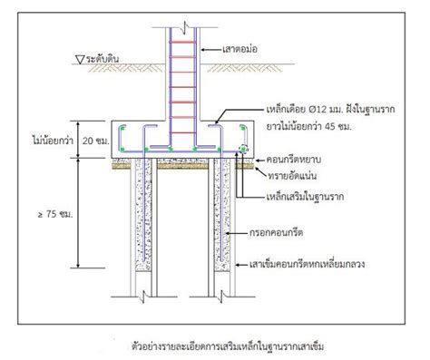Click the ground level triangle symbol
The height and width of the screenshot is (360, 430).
click(x=78, y=62)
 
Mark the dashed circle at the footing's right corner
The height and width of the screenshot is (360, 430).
click(x=243, y=147)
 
